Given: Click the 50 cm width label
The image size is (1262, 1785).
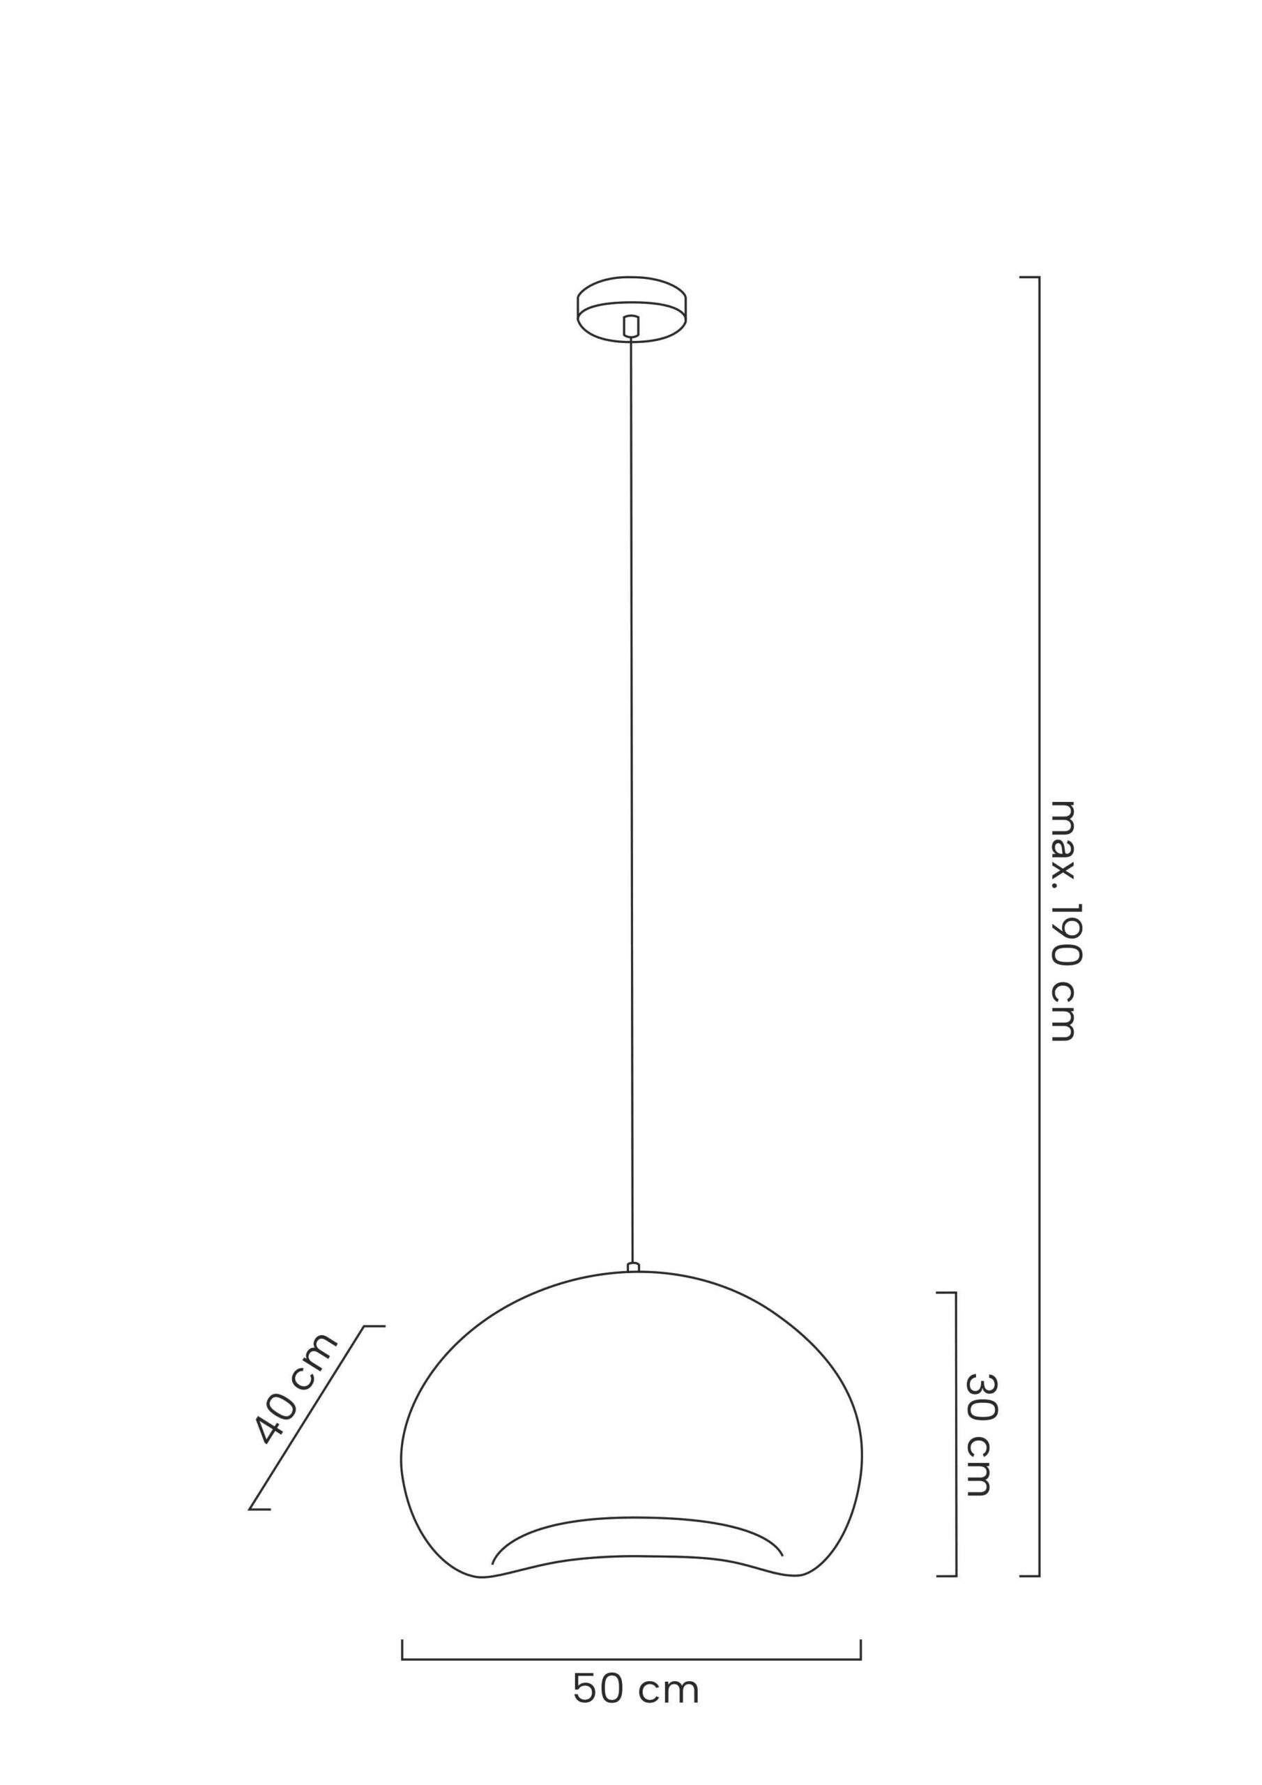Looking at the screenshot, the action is (636, 1689).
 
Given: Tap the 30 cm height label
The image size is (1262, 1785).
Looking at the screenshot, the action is (980, 1435).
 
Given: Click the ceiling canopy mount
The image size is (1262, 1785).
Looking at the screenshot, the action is (632, 310).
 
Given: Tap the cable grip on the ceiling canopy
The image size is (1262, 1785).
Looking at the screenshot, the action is (632, 326).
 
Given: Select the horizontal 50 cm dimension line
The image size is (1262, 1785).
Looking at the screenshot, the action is (632, 1654).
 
